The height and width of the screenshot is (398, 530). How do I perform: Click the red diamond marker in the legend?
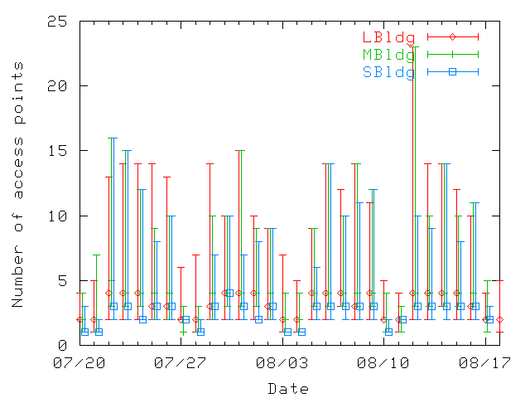point(453,37)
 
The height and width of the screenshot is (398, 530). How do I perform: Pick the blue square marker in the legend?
point(453,72)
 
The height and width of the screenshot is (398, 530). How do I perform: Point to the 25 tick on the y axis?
point(57,21)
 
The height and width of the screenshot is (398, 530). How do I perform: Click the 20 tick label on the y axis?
point(57,85)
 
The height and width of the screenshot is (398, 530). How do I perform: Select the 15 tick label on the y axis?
point(57,150)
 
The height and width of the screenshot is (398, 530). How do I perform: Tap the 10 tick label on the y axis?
point(57,216)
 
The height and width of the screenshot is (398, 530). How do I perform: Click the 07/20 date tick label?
point(79,362)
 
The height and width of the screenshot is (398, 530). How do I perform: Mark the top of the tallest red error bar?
point(412,46)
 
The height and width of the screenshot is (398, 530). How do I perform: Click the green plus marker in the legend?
point(453,55)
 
